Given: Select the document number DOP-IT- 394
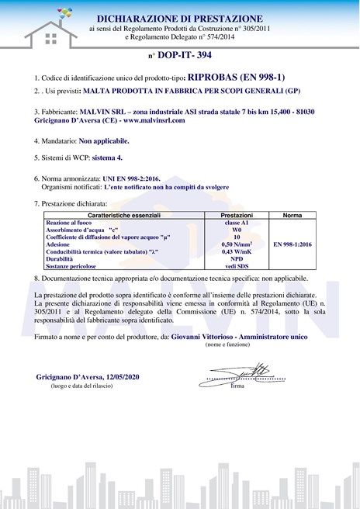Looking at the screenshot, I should click(x=183, y=56).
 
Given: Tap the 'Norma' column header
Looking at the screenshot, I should click(x=292, y=214).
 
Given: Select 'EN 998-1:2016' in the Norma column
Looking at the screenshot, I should click(x=292, y=244).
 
